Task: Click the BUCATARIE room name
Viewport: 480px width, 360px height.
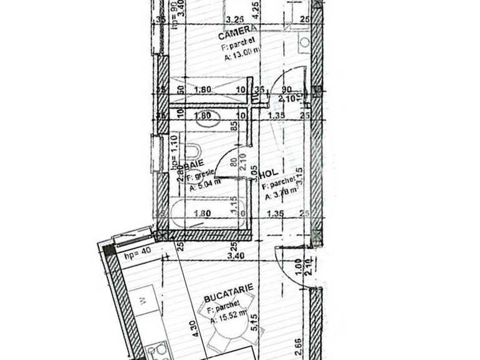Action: [x=231, y=288]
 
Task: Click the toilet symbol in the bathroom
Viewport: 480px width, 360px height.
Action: [x=193, y=151]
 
